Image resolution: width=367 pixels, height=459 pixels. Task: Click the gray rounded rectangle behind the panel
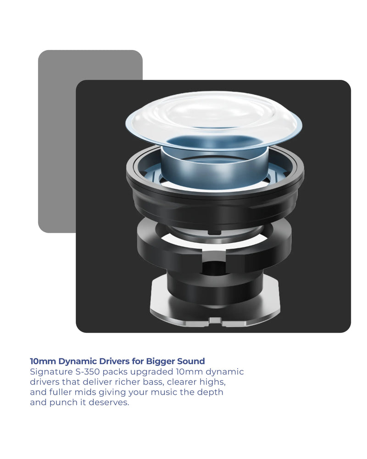pyautogui.click(x=57, y=140)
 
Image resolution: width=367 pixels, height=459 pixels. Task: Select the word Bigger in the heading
pyautogui.click(x=160, y=362)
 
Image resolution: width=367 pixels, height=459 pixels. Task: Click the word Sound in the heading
pyautogui.click(x=191, y=361)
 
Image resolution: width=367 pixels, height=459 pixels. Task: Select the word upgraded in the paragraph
pyautogui.click(x=151, y=372)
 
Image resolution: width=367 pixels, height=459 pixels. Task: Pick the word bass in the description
pyautogui.click(x=153, y=382)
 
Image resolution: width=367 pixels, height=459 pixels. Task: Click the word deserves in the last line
pyautogui.click(x=109, y=403)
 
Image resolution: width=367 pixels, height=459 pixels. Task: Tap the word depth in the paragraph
pyautogui.click(x=210, y=392)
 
